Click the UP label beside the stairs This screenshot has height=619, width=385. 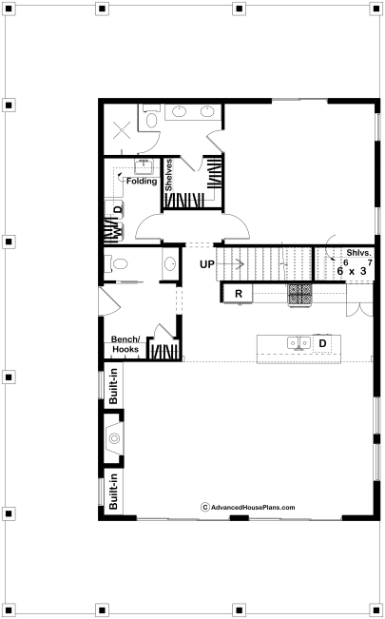tap(207, 264)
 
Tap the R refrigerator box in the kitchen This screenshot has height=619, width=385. tap(238, 294)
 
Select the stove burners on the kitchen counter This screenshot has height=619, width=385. tap(300, 295)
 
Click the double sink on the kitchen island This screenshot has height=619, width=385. tap(298, 343)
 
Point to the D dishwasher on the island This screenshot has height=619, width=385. tap(322, 343)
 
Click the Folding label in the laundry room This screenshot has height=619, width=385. tap(142, 182)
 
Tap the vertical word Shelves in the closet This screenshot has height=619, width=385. tap(169, 175)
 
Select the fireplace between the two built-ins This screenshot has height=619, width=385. tap(114, 437)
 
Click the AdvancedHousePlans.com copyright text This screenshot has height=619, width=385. tap(248, 508)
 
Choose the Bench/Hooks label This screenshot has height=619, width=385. tap(125, 344)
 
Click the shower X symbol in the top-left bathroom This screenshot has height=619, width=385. tap(122, 130)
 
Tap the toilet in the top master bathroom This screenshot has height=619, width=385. tap(151, 117)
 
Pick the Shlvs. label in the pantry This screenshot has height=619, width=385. tap(359, 253)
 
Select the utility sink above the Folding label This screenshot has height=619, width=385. tap(144, 166)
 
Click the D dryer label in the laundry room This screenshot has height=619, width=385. tap(117, 209)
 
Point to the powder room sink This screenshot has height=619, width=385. tap(170, 263)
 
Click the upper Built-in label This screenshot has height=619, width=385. tap(113, 386)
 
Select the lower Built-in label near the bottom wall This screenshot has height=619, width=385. tap(113, 492)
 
